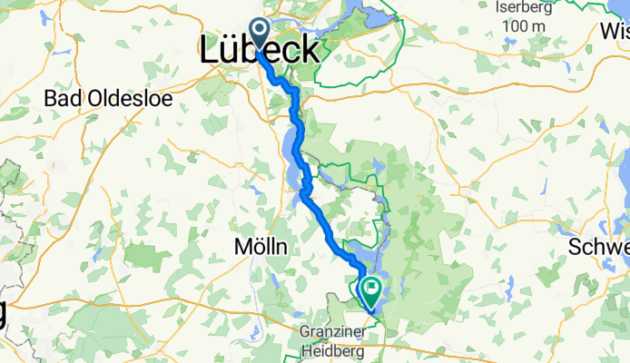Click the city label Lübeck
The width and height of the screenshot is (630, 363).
(x=259, y=51)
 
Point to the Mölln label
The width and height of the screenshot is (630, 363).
(x=261, y=247)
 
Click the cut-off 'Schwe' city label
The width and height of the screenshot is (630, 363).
(x=598, y=248)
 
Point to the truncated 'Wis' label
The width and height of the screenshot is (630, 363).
(x=614, y=27)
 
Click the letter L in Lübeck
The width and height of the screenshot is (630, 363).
(x=209, y=51)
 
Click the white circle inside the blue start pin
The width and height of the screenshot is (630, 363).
(x=259, y=29)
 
